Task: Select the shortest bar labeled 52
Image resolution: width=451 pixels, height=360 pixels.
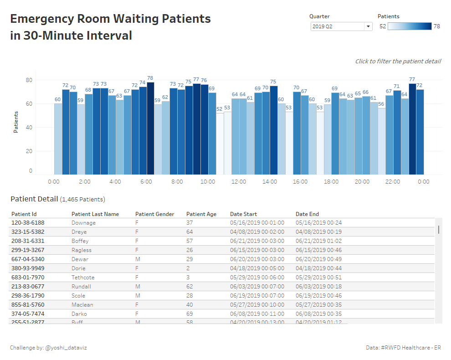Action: click(x=220, y=144)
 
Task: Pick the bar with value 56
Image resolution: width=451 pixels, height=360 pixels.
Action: click(x=381, y=141)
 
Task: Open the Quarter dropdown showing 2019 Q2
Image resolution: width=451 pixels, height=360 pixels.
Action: click(x=342, y=26)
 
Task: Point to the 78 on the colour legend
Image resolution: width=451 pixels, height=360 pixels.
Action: click(x=436, y=26)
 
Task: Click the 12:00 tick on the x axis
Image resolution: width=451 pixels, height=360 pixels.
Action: click(x=239, y=182)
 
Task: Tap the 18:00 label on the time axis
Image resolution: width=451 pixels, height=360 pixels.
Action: click(x=331, y=182)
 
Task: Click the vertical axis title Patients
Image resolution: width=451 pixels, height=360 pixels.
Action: click(x=16, y=122)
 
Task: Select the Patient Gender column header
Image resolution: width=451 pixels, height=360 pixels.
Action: click(x=154, y=214)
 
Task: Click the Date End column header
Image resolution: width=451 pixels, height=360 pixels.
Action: click(x=307, y=214)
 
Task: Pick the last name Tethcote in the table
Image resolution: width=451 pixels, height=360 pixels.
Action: click(x=83, y=278)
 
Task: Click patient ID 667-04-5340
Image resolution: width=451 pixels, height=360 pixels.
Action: click(x=28, y=259)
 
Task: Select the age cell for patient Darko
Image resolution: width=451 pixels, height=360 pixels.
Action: click(x=190, y=314)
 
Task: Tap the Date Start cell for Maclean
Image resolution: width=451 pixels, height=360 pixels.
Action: click(x=257, y=305)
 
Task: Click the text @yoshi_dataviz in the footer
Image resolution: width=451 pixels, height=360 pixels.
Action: click(x=66, y=348)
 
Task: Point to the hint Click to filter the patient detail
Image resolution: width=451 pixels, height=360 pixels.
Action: click(x=398, y=62)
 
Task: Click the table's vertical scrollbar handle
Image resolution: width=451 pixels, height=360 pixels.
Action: click(x=439, y=229)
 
